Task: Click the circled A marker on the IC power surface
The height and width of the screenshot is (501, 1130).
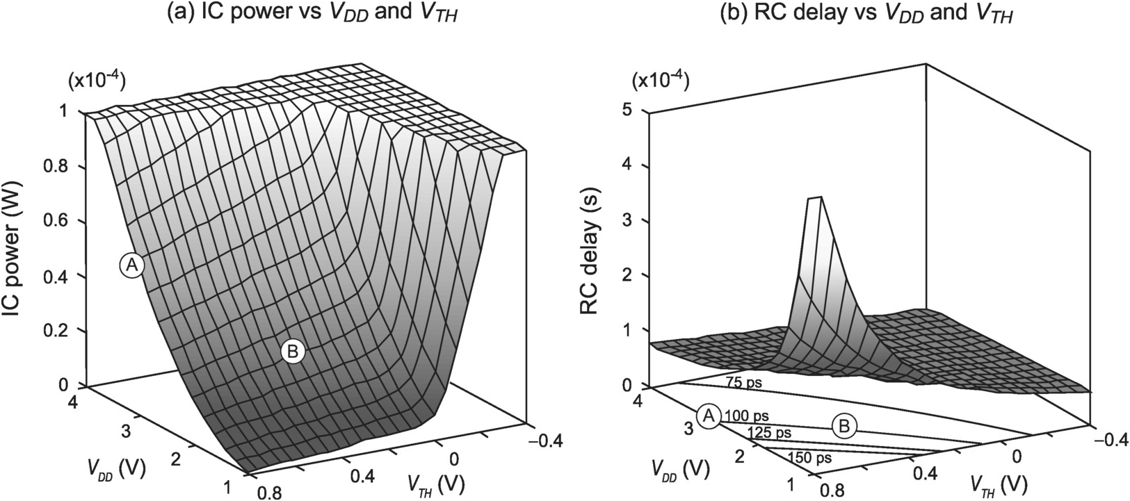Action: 131,265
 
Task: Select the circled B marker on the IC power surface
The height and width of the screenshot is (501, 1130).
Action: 293,352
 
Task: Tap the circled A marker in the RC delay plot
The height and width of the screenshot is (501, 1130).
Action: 709,416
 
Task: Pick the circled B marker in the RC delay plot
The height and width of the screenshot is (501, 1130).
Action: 844,425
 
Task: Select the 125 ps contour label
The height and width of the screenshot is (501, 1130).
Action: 769,433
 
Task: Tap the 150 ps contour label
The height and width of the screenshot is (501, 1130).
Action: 811,457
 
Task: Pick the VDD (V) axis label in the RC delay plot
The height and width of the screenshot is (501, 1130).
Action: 681,470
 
